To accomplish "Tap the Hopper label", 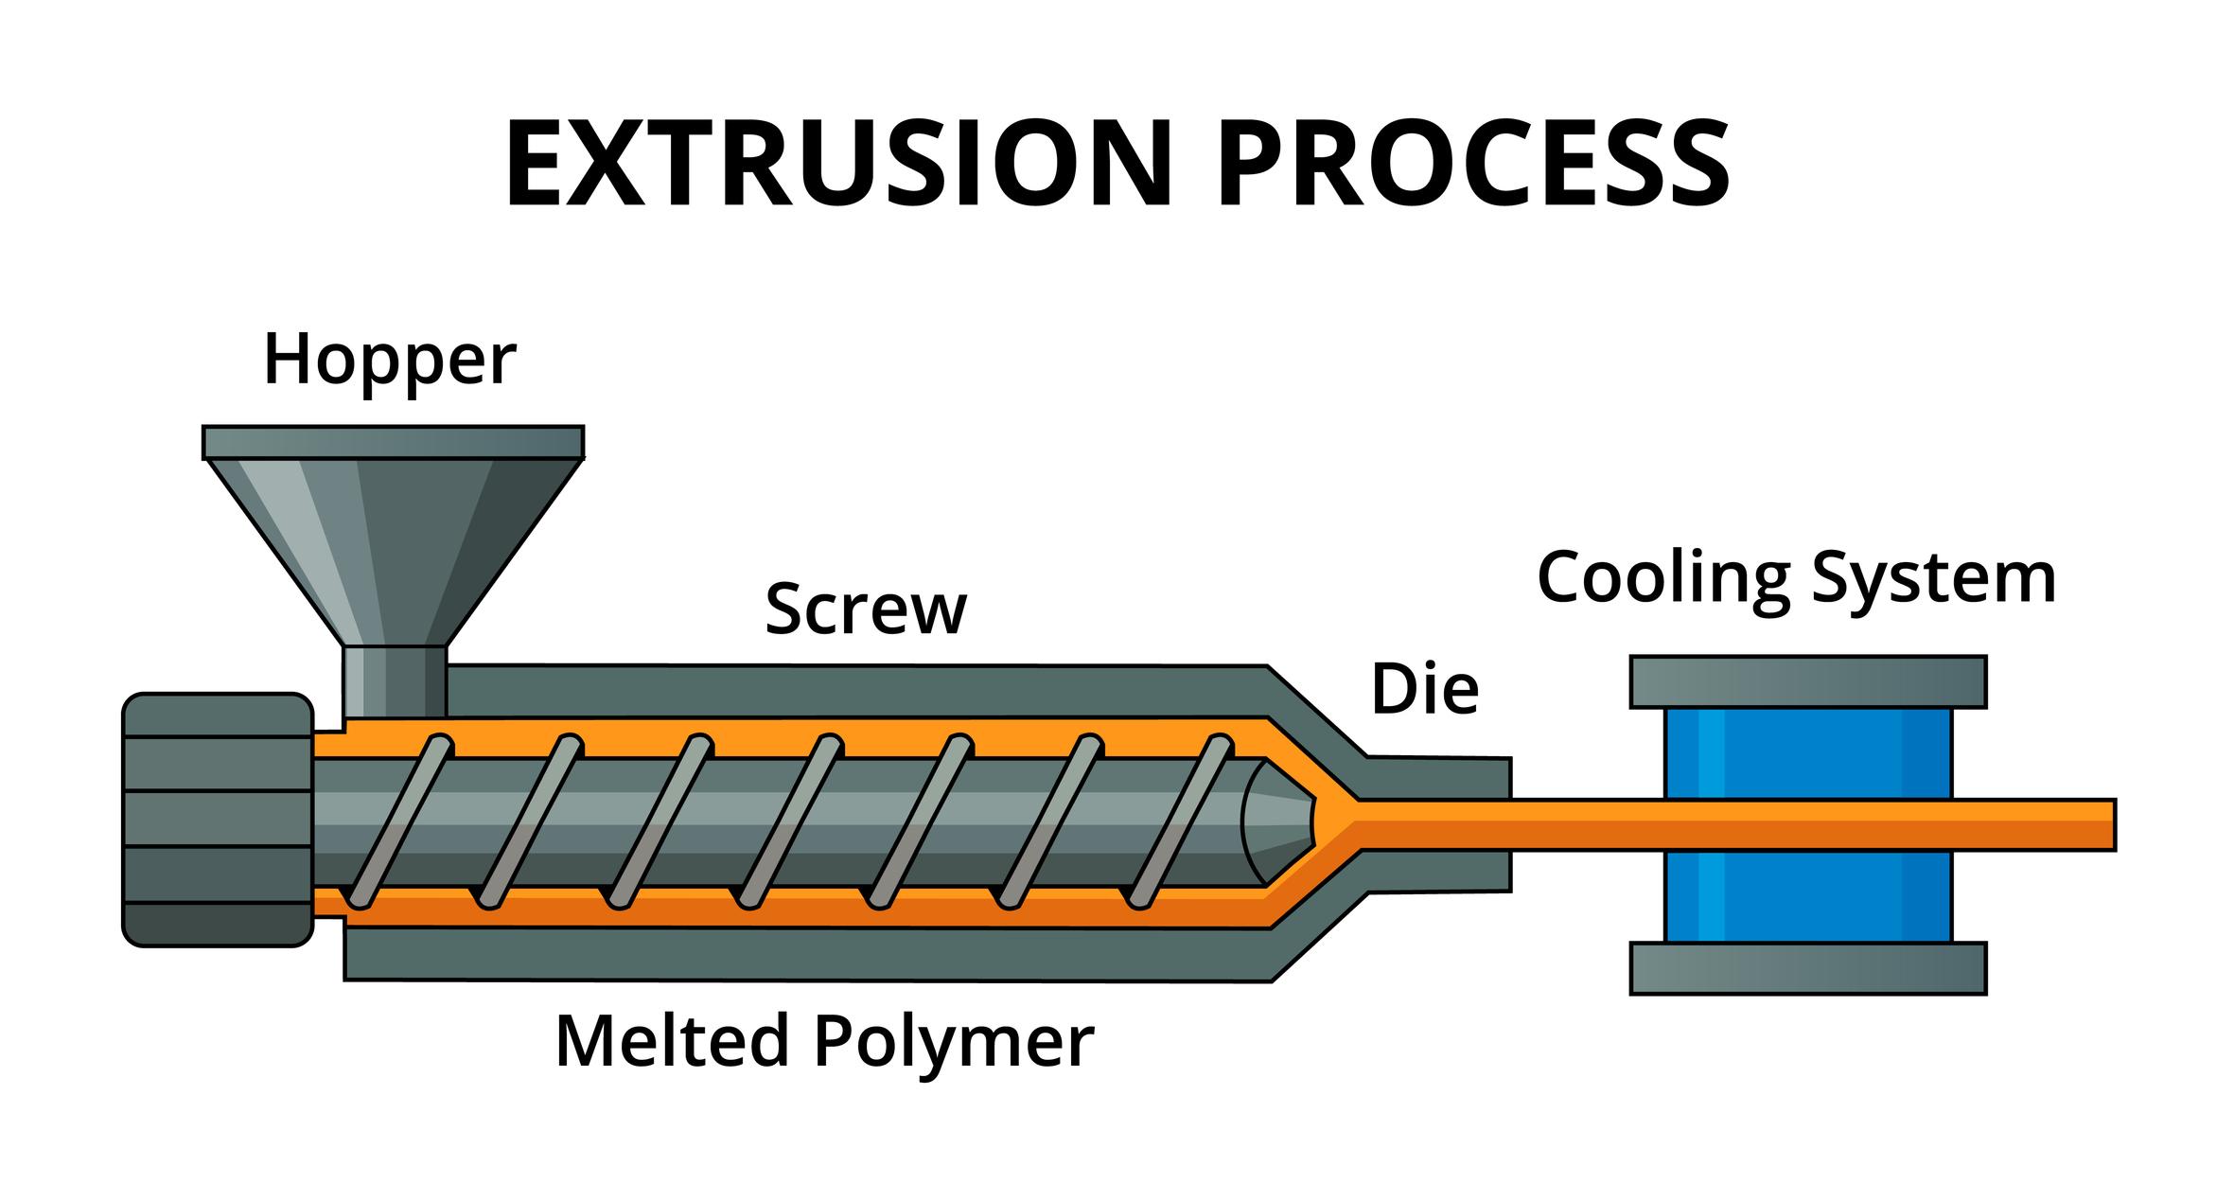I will (x=389, y=361).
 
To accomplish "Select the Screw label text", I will (x=865, y=609).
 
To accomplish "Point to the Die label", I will (x=1424, y=689).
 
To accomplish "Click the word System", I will (x=1933, y=578).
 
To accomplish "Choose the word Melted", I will (x=671, y=1041).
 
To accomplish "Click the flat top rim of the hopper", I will (x=393, y=442).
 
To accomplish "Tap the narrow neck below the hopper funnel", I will (x=394, y=680).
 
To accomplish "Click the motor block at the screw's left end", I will (x=218, y=819).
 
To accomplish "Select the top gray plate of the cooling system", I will (x=1807, y=681).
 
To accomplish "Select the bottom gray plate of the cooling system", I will (x=1807, y=968).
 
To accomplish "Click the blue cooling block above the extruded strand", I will (x=1807, y=752).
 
